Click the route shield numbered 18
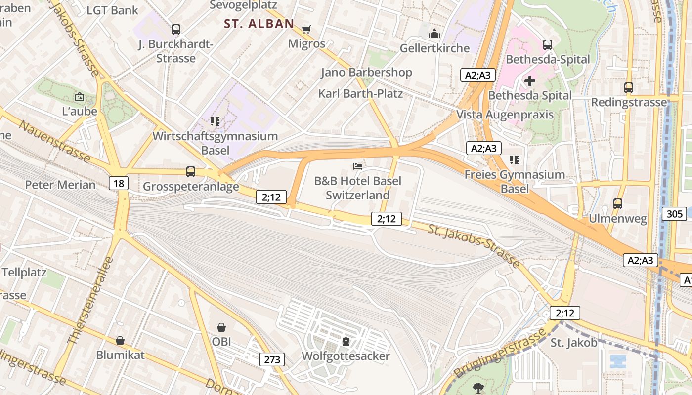point(119,184)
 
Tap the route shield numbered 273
point(272,359)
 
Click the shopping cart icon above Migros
point(306,30)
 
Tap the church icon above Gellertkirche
point(434,34)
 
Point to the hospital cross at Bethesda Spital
point(530,80)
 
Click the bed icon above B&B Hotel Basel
point(358,166)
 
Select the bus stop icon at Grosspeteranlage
point(191,172)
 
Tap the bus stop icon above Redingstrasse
point(629,88)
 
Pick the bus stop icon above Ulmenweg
point(618,203)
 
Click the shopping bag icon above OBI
point(221,327)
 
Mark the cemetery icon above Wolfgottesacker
point(346,341)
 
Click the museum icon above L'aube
point(79,97)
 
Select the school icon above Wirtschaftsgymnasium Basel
point(215,121)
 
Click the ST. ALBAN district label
point(259,24)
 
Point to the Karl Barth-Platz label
point(360,93)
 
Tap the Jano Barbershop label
point(366,73)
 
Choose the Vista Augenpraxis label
point(505,115)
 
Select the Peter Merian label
point(60,185)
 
